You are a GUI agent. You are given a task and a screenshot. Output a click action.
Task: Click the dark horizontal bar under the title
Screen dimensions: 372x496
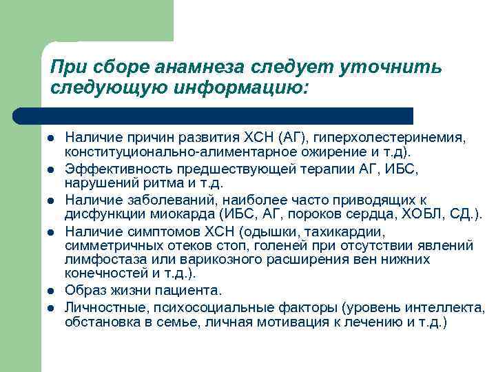[214, 116]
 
